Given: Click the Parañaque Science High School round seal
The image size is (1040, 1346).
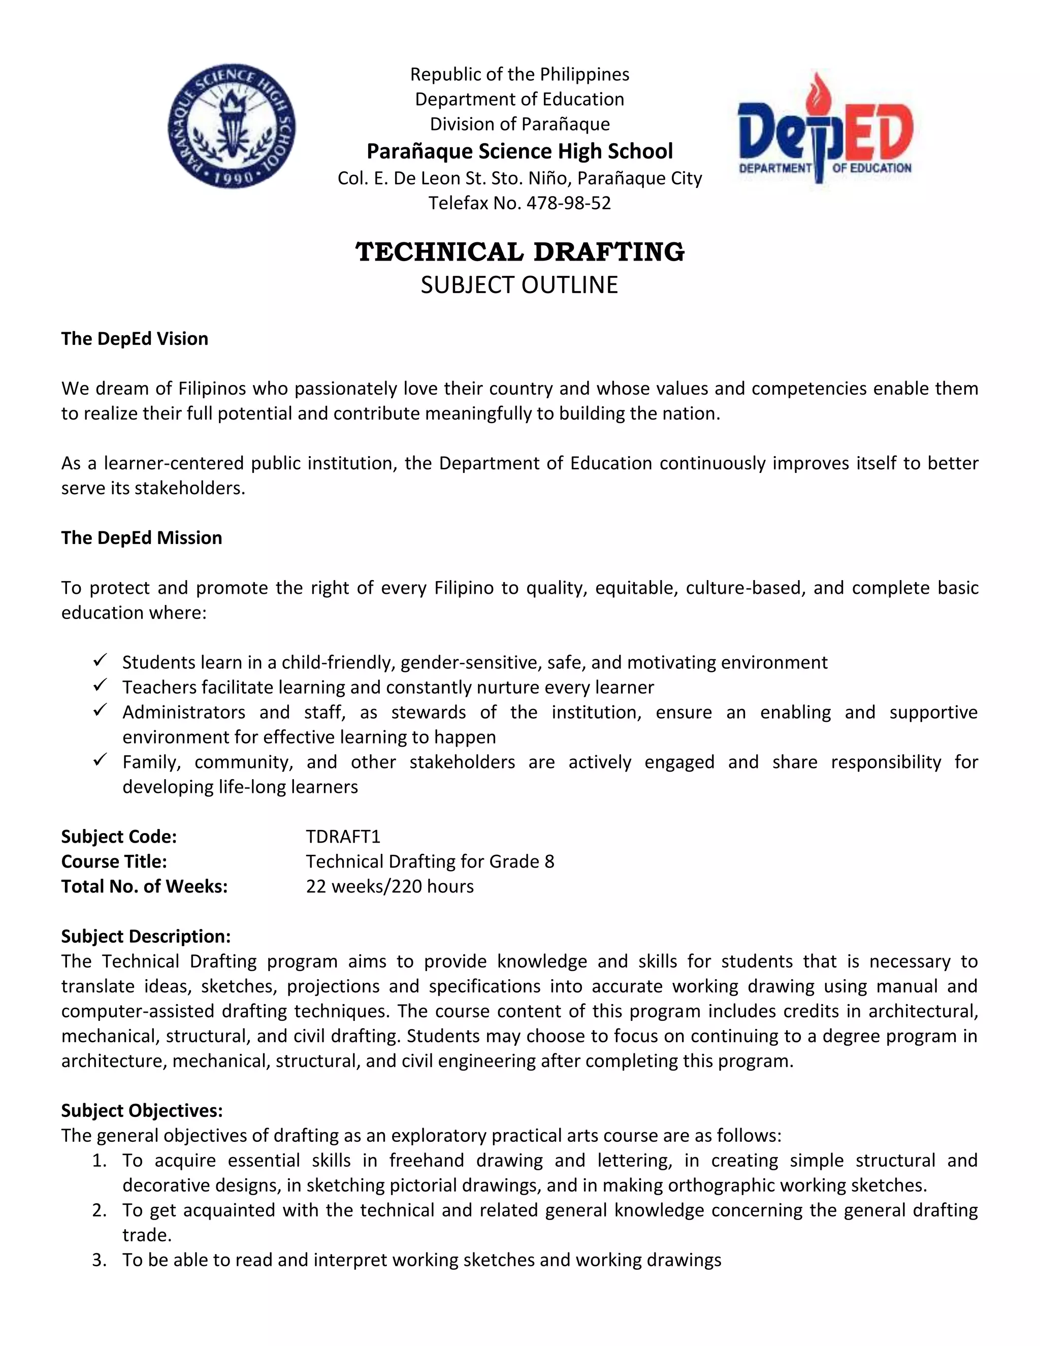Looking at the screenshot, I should pos(231,126).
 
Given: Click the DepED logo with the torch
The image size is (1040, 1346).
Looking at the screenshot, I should pos(825,128).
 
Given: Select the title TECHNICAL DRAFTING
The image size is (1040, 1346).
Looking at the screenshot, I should pos(519,252).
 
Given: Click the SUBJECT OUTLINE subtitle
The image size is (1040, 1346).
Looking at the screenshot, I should pos(519,285).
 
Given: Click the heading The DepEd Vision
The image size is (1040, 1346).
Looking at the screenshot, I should pos(134,338).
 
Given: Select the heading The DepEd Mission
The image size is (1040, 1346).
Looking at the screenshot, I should pos(141,537).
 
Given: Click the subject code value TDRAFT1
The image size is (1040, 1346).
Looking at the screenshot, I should pos(343,837).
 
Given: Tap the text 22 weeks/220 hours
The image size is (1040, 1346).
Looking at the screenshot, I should pos(389,886).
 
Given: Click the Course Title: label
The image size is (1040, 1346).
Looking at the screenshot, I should pos(114,861).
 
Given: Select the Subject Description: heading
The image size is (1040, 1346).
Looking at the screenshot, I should pos(145,936).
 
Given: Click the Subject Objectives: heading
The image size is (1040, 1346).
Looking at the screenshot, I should pos(142,1110).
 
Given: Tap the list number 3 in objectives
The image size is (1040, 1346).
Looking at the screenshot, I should pos(99,1260).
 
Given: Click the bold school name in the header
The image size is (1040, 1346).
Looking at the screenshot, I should pos(519,151).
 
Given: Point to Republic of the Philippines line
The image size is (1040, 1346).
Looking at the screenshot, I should pos(519,75).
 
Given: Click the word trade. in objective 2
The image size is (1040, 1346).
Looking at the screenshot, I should pos(147,1235).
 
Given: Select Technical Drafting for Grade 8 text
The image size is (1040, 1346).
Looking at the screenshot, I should pos(430,861).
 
